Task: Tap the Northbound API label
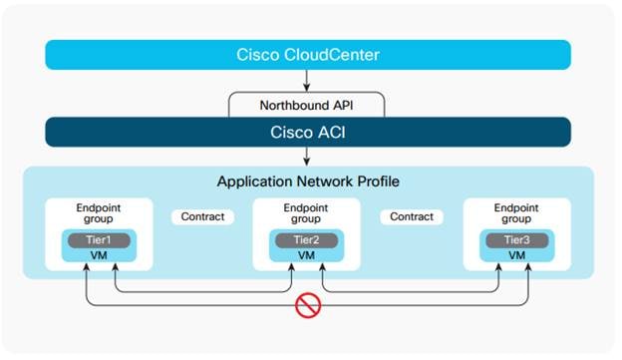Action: (308, 104)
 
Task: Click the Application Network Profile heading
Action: (308, 182)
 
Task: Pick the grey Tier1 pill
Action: (99, 240)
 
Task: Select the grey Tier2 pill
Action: (308, 240)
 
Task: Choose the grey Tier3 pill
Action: (515, 240)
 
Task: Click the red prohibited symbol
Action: (308, 305)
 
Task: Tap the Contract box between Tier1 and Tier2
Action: (203, 216)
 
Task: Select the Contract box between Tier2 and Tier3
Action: (412, 216)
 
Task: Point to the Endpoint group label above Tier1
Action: (99, 214)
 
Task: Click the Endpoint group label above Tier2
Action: (308, 214)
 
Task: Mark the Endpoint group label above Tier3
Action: (515, 214)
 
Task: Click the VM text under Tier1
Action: (99, 255)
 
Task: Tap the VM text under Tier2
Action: (308, 255)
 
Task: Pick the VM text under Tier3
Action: (515, 255)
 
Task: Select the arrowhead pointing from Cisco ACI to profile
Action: (308, 160)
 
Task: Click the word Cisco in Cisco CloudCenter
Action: (257, 55)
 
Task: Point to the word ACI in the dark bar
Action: (334, 132)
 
